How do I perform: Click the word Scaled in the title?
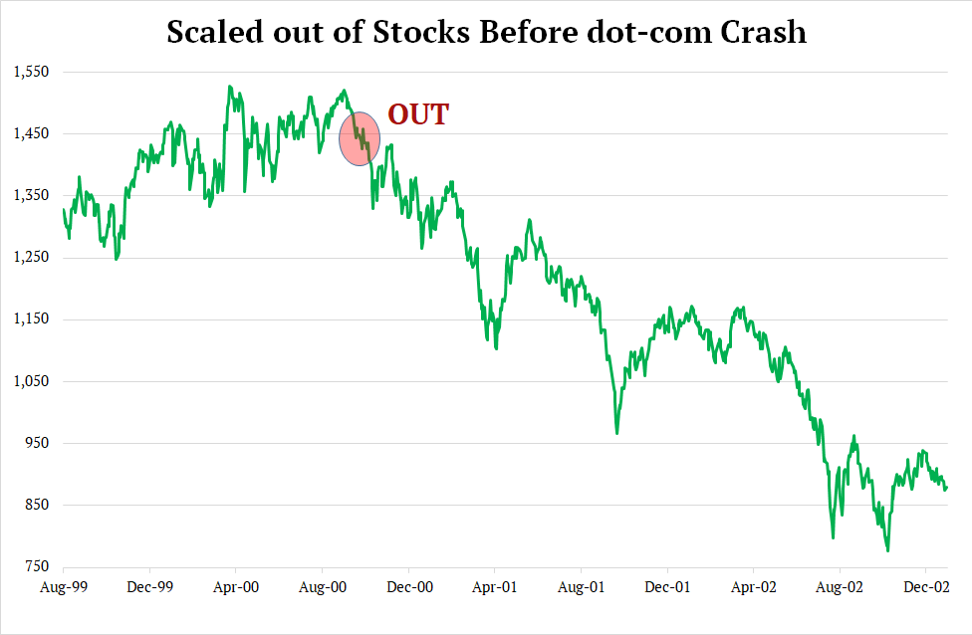tap(212, 32)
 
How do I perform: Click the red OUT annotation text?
tap(418, 114)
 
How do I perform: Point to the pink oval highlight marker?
tap(360, 138)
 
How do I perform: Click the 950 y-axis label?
tap(35, 443)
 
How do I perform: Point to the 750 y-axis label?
tap(35, 567)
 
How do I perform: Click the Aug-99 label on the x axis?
tap(63, 587)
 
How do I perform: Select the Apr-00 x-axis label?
tap(237, 587)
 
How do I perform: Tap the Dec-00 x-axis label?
tap(411, 587)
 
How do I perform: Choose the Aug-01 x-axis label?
tap(583, 587)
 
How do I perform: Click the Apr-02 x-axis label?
tap(755, 587)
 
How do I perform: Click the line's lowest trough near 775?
tap(887, 550)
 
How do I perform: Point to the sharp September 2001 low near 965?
tap(617, 433)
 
